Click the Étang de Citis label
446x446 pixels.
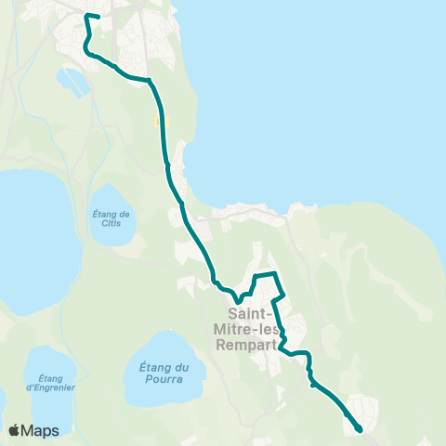coord(111,216)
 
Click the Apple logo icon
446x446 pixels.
coord(14,430)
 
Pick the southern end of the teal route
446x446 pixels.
coord(360,429)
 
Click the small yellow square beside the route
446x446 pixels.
coord(157,120)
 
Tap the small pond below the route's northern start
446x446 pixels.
coord(73,80)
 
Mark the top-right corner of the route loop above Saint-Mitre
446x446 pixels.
coord(276,274)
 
